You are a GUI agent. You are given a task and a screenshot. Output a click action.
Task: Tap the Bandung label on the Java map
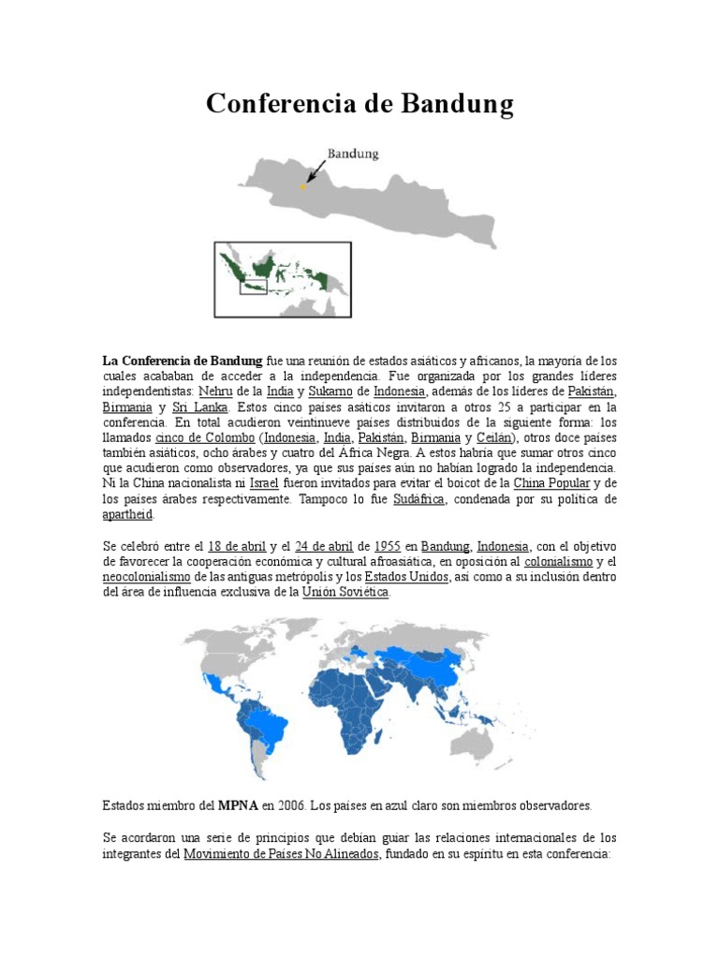click(x=352, y=154)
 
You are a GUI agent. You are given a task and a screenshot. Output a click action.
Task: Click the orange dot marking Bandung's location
click(x=302, y=187)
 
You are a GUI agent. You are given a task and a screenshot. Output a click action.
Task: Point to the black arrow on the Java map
click(x=315, y=170)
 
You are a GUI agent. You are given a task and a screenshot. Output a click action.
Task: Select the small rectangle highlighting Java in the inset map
click(x=254, y=286)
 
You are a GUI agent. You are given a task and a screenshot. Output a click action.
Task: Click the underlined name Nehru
click(x=215, y=391)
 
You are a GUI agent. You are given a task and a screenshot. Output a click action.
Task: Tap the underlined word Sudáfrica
click(x=419, y=500)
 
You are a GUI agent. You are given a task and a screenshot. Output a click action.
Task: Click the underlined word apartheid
click(x=126, y=515)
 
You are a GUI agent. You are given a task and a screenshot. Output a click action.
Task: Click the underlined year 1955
click(x=387, y=546)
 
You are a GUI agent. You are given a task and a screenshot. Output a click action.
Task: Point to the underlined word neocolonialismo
click(x=146, y=577)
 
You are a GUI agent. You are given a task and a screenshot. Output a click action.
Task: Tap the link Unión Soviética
click(x=345, y=593)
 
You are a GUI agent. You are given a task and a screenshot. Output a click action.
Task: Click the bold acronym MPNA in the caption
click(x=237, y=805)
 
